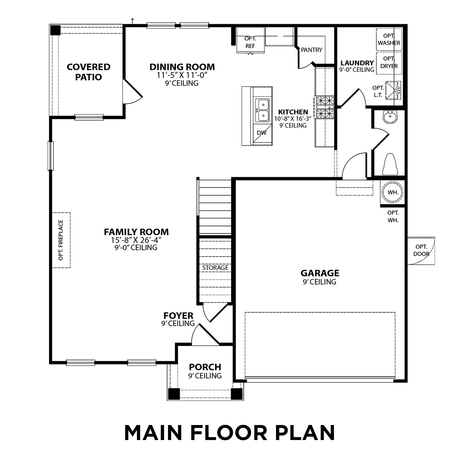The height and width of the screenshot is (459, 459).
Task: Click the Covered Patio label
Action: click(88, 72)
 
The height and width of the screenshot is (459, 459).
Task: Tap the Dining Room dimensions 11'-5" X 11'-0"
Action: click(182, 75)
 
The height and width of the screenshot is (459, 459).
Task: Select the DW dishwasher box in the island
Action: click(262, 133)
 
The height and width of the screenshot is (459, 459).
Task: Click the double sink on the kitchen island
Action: click(262, 110)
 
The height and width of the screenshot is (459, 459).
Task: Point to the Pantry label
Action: click(312, 50)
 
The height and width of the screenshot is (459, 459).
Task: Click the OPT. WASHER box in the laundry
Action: click(389, 40)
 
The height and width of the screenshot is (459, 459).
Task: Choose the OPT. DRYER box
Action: click(389, 63)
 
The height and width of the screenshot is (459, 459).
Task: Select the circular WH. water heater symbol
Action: click(393, 192)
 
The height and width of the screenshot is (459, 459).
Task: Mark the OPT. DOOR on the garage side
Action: click(421, 251)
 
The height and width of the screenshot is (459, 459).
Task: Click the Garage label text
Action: click(320, 273)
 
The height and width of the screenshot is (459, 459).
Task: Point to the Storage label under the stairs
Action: click(215, 268)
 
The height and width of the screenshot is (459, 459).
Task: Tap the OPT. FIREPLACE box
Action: click(61, 240)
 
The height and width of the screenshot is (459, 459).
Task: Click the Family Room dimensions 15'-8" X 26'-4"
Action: click(136, 240)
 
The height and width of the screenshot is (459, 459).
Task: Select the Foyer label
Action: click(178, 315)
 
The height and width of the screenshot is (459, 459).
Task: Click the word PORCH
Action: click(205, 367)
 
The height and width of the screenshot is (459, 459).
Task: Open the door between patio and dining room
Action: click(132, 92)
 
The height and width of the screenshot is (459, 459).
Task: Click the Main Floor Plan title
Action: click(229, 433)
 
